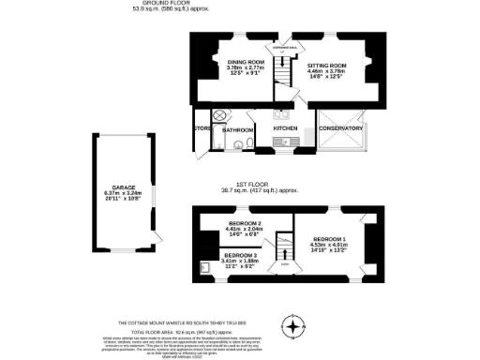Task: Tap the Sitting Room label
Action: (327, 62)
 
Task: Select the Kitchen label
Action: (285, 128)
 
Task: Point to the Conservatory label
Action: (340, 128)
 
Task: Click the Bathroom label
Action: (239, 129)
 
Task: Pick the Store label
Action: (202, 128)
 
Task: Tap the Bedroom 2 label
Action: (244, 223)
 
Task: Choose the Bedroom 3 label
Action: (240, 255)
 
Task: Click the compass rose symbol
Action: (296, 327)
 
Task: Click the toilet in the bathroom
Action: (240, 145)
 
